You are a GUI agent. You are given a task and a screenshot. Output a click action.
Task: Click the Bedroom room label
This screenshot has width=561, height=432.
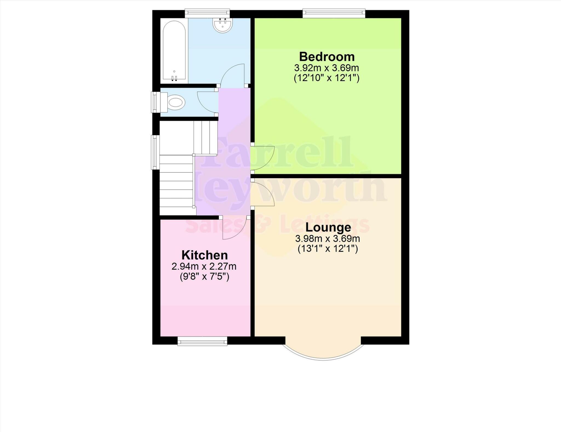tap(327, 57)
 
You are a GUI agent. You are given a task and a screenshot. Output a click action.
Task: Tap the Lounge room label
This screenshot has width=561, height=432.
tap(328, 227)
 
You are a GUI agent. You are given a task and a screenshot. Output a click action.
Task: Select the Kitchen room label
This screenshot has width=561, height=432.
tap(205, 255)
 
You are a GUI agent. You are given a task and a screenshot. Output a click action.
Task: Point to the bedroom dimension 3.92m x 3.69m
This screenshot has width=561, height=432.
tap(327, 68)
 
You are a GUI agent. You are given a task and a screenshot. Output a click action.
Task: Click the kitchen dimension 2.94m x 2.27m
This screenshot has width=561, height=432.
tap(204, 266)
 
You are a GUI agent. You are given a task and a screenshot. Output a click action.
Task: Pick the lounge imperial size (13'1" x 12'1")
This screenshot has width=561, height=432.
tap(328, 249)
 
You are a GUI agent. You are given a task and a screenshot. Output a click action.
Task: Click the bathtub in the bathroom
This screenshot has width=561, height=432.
tap(174, 51)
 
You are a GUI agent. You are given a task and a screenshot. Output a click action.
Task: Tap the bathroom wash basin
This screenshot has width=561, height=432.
tap(222, 25)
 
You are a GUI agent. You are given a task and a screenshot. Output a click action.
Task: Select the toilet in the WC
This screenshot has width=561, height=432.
tap(175, 103)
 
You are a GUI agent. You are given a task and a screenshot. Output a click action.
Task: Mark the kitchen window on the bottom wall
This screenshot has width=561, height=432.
tap(202, 342)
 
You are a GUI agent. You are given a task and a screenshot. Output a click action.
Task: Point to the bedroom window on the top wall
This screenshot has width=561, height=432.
tap(334, 13)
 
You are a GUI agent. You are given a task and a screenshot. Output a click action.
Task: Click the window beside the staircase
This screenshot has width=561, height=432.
tap(155, 152)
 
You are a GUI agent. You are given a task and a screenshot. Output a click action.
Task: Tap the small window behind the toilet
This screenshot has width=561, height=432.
tap(154, 102)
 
